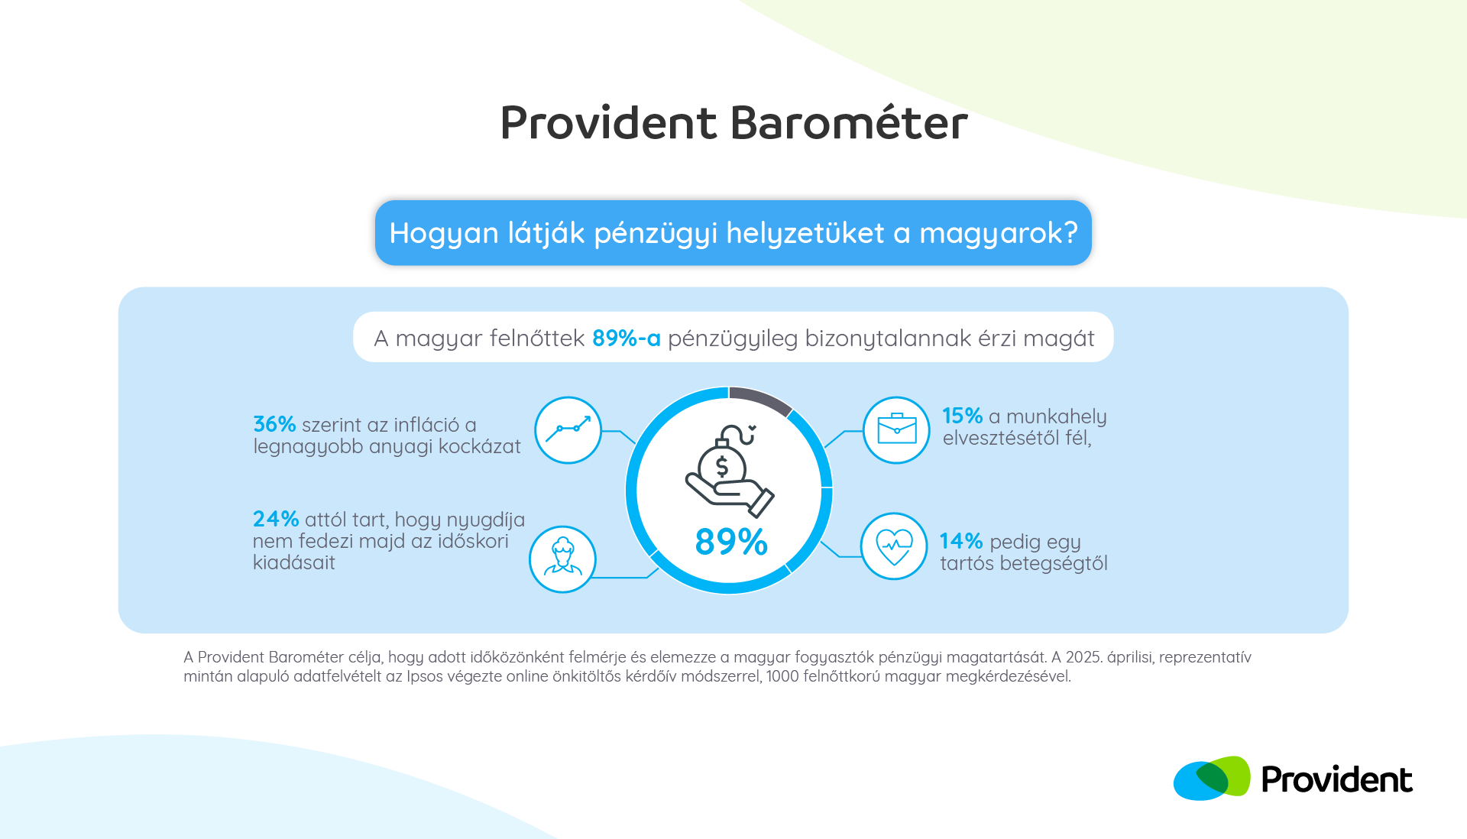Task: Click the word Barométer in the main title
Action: click(849, 122)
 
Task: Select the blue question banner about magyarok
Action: click(733, 233)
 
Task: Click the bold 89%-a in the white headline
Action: click(627, 338)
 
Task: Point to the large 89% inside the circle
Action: click(731, 542)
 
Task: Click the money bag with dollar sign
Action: click(722, 461)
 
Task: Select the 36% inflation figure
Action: click(274, 424)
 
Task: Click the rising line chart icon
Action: click(568, 430)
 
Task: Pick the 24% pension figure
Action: click(276, 519)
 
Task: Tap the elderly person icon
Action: click(562, 559)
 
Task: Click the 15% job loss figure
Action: click(962, 416)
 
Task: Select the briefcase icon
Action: click(896, 430)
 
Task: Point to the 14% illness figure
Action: click(961, 541)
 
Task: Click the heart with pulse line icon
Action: click(894, 546)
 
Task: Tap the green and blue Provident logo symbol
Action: click(1212, 779)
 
